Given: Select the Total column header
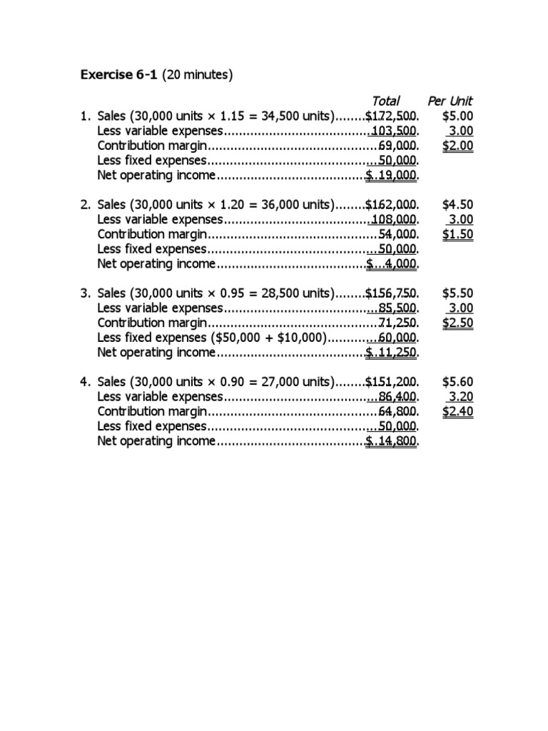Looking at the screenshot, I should tap(385, 101).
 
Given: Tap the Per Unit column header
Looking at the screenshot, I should tap(450, 101).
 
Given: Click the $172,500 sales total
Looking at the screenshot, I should tap(392, 116).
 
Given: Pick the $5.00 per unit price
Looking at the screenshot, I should tap(457, 116).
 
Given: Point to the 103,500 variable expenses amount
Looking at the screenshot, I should tap(395, 131).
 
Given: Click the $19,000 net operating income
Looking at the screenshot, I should tap(392, 175).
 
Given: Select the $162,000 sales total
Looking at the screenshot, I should tap(392, 205).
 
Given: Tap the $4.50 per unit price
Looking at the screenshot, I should tap(457, 205).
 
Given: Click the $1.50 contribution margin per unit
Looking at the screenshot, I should tap(457, 234).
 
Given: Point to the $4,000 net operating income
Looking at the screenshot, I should tap(392, 264).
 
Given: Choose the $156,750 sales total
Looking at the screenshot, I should tap(392, 293).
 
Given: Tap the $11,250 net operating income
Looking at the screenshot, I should tap(392, 353).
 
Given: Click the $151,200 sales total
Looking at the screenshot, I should tap(392, 382).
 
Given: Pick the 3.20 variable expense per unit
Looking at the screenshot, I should tap(460, 397).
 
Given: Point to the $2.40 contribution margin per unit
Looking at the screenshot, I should tap(457, 412).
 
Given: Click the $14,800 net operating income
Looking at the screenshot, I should tap(392, 441).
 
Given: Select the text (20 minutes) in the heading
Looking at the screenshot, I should tap(198, 74).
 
